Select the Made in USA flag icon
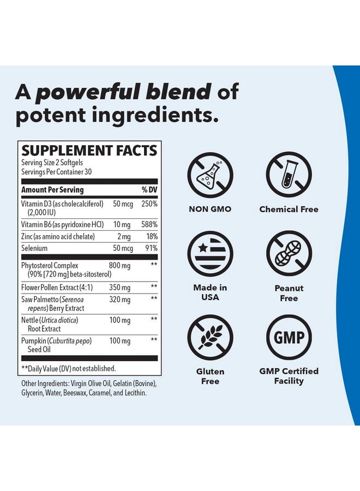click(210, 254)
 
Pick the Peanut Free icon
click(289, 254)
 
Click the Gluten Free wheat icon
click(210, 338)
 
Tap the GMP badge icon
click(289, 338)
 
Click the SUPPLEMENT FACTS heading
click(89, 151)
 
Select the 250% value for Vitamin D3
click(148, 203)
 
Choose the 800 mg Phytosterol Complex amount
click(119, 265)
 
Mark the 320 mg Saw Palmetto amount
click(119, 300)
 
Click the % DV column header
click(149, 190)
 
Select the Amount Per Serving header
click(52, 190)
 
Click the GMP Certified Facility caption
click(289, 376)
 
